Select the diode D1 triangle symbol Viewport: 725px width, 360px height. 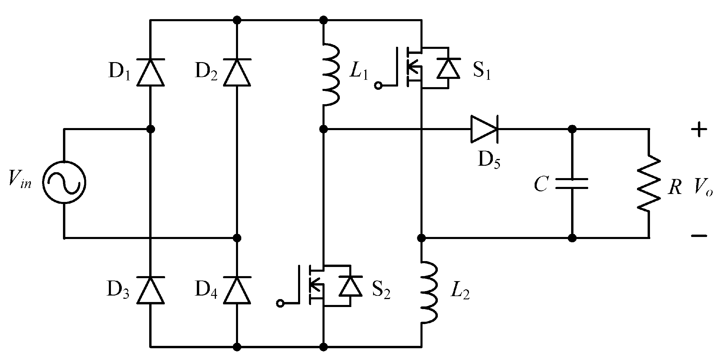pos(150,72)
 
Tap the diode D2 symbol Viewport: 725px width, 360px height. pos(237,72)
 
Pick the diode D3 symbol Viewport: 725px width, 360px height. pos(150,290)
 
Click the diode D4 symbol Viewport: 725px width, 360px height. pos(237,290)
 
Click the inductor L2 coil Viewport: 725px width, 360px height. pos(429,292)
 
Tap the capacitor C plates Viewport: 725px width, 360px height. pos(572,184)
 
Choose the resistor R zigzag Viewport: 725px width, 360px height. pos(648,183)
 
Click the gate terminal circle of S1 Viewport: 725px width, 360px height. pos(378,86)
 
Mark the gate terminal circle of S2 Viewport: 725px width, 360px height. pos(281,303)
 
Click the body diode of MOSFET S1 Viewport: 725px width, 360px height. pos(448,68)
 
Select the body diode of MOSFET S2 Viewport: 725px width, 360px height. pos(350,286)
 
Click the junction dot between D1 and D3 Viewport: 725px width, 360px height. pos(150,129)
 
